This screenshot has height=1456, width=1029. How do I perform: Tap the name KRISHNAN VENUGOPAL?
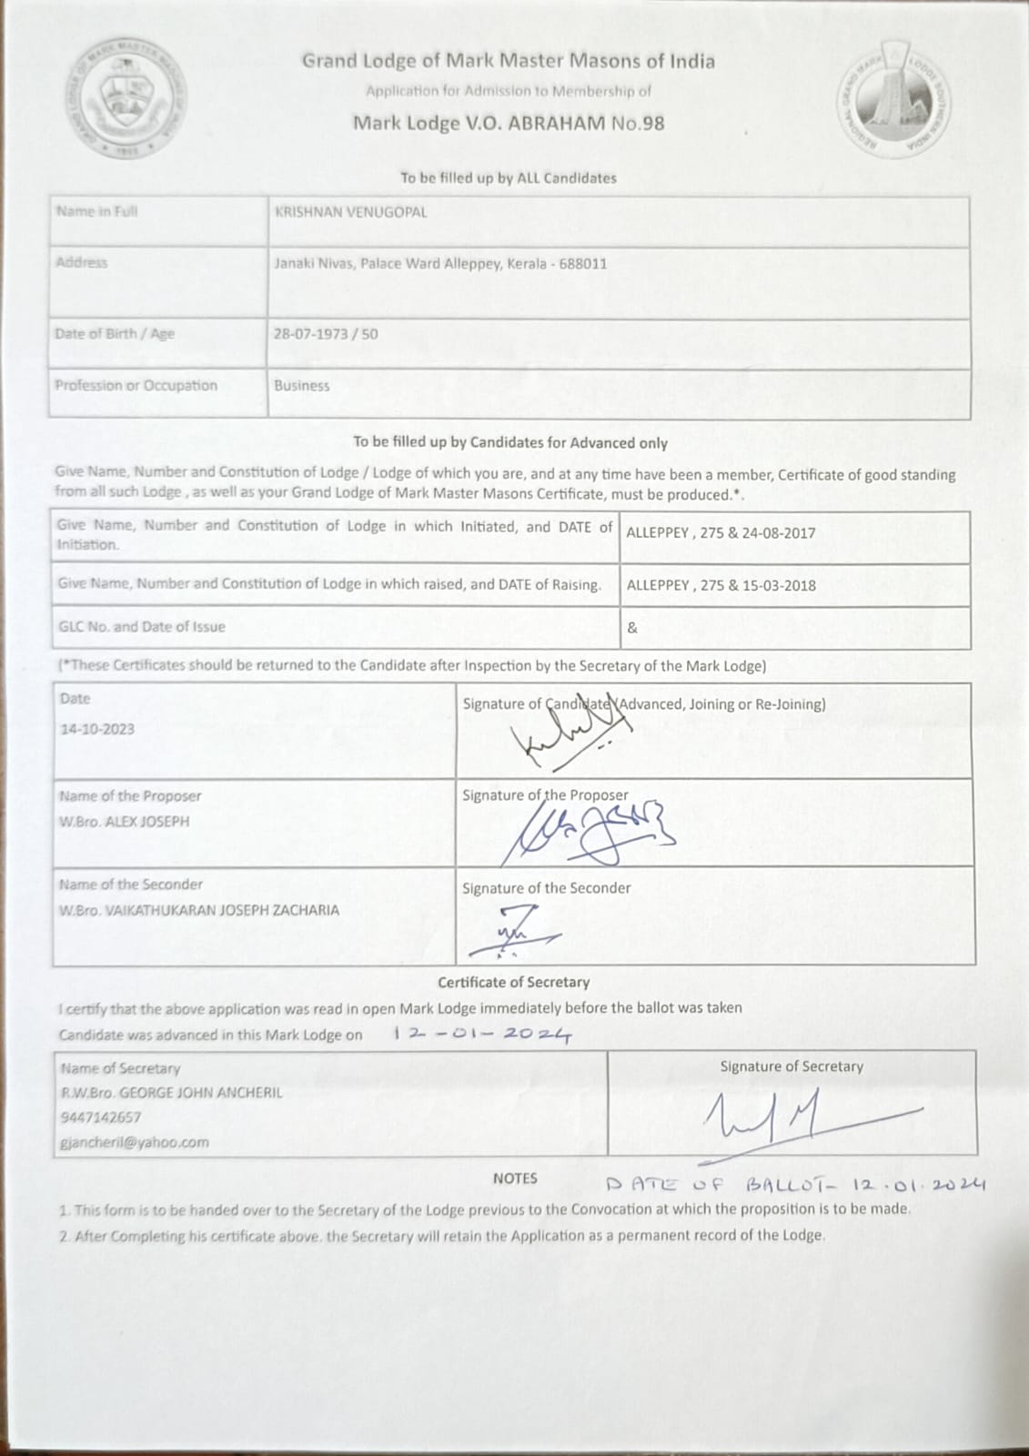click(350, 212)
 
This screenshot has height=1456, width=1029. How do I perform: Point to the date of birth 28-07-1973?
click(310, 334)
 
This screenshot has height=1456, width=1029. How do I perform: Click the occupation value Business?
click(302, 386)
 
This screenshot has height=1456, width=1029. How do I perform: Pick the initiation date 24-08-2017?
click(779, 533)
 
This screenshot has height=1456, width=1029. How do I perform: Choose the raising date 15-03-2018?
click(779, 586)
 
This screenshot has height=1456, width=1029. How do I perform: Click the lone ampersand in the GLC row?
click(632, 628)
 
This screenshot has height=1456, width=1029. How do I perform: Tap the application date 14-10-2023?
click(97, 730)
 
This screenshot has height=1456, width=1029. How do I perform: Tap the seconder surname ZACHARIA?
click(304, 910)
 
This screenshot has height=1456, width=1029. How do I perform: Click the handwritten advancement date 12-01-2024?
click(483, 1034)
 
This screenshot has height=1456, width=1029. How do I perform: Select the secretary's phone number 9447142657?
click(101, 1117)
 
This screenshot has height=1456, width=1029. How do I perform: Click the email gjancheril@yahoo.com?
click(134, 1142)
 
